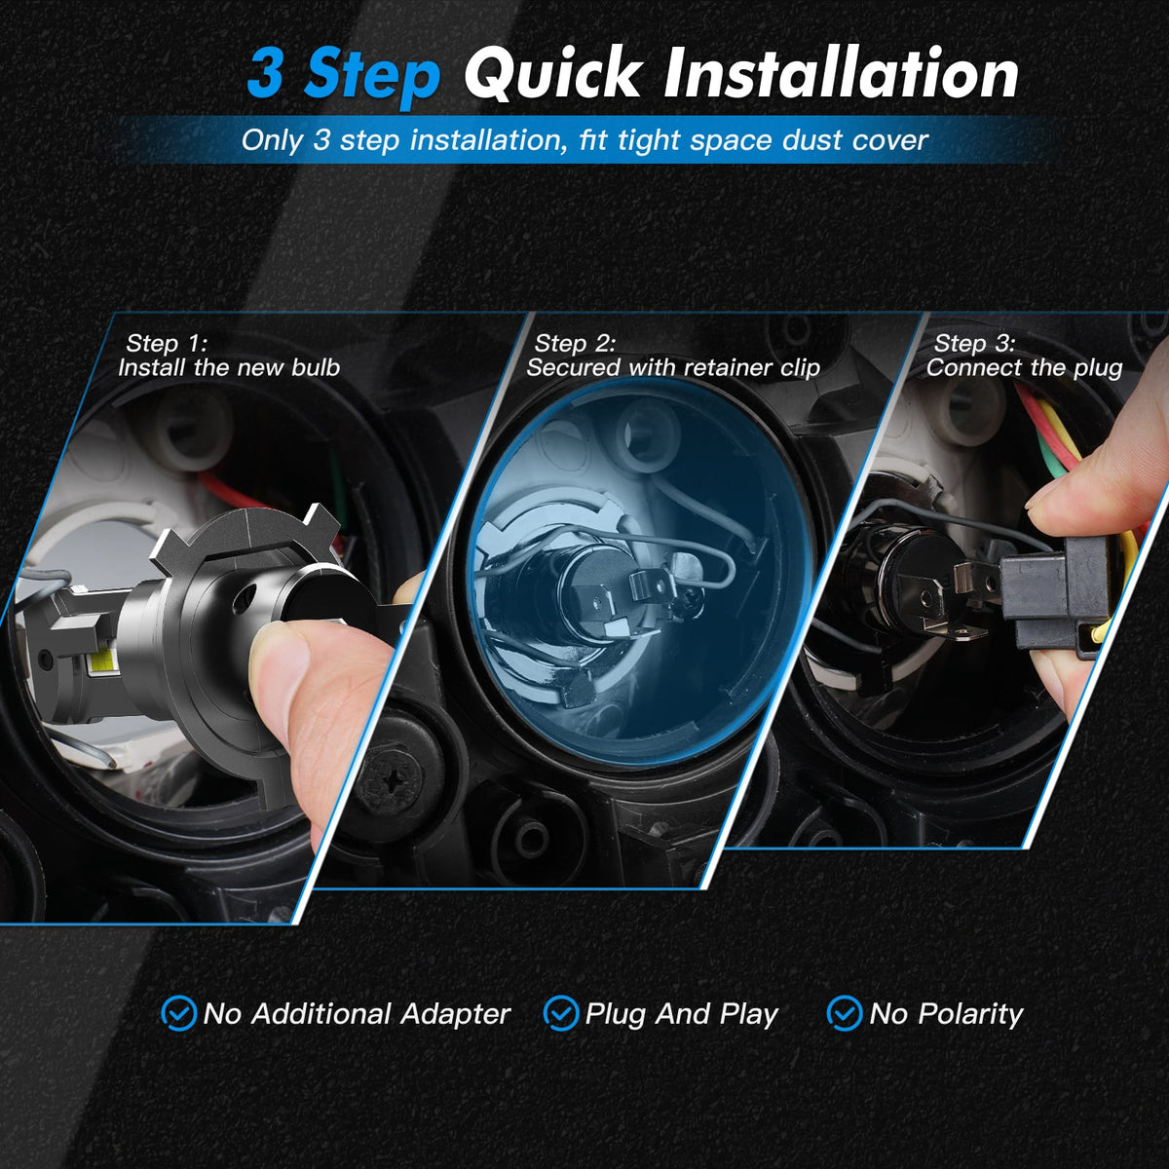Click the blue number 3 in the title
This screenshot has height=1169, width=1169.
[x=265, y=73]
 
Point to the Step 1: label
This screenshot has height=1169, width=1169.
[x=167, y=343]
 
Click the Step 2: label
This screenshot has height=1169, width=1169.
[x=575, y=343]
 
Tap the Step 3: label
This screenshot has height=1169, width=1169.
[x=975, y=343]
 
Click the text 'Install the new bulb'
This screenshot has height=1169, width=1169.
[x=229, y=367]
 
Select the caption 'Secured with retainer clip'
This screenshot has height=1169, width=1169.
[x=673, y=367]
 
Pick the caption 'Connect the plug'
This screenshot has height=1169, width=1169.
[x=1025, y=368]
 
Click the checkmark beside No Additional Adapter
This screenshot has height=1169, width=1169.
[x=179, y=1013]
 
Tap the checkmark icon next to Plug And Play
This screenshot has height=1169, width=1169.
[x=560, y=1013]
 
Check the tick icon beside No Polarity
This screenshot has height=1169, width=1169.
[x=844, y=1013]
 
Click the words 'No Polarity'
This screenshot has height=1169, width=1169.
[x=946, y=1014]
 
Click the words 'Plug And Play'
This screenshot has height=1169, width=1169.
[x=681, y=1014]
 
